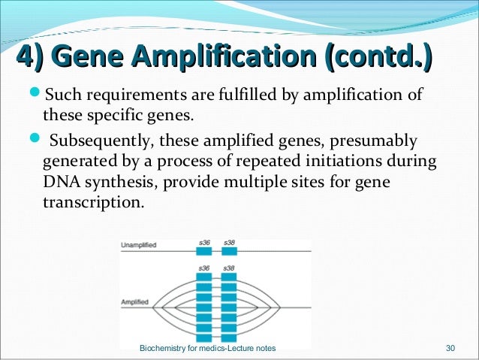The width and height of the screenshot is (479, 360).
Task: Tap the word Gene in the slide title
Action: [88, 56]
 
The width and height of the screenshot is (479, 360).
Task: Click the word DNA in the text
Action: [59, 183]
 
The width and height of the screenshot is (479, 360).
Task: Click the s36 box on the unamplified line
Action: [204, 252]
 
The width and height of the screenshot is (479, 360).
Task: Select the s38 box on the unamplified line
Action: [230, 252]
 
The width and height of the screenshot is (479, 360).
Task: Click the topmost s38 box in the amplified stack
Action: [230, 277]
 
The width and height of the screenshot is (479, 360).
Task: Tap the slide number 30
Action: [450, 349]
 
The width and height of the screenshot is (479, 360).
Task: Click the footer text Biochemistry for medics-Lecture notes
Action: [208, 349]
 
